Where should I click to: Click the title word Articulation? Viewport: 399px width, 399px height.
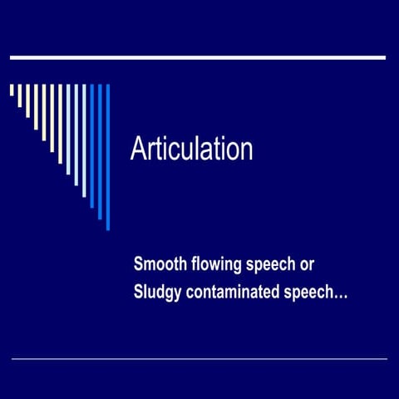point(191,150)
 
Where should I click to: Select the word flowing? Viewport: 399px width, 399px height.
point(214,264)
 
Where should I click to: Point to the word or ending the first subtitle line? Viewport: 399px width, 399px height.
point(307,264)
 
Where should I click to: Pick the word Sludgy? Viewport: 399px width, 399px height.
point(157,292)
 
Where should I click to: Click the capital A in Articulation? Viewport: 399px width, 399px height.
point(140,150)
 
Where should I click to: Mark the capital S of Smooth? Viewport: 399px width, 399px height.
point(139,264)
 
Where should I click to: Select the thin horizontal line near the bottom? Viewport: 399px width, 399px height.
point(199,358)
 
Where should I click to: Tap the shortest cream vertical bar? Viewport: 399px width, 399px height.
point(12,91)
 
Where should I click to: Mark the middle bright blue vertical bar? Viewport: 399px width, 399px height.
point(100,150)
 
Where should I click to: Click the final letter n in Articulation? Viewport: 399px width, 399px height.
point(245,150)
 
